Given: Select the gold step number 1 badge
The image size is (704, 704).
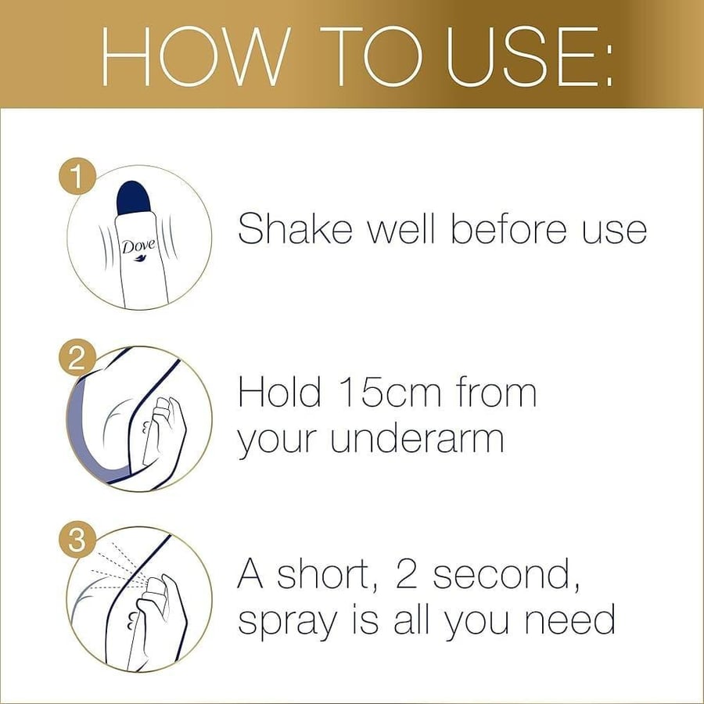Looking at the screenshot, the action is click(77, 176).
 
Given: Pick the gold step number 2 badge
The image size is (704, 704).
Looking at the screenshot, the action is click(77, 357).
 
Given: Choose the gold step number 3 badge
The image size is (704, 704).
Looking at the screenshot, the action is click(77, 540).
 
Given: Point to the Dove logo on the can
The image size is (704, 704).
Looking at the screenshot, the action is click(138, 250).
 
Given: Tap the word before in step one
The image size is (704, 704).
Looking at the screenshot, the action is click(510, 228).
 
